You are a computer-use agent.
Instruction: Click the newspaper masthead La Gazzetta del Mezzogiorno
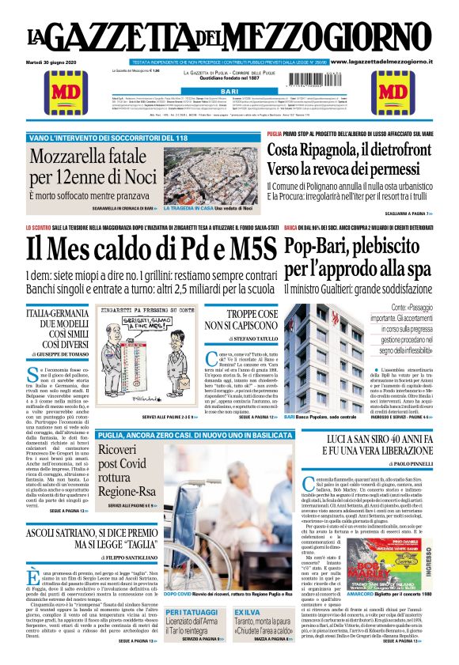pyautogui.click(x=229, y=35)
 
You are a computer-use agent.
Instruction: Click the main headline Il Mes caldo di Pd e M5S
pyautogui.click(x=151, y=247)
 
